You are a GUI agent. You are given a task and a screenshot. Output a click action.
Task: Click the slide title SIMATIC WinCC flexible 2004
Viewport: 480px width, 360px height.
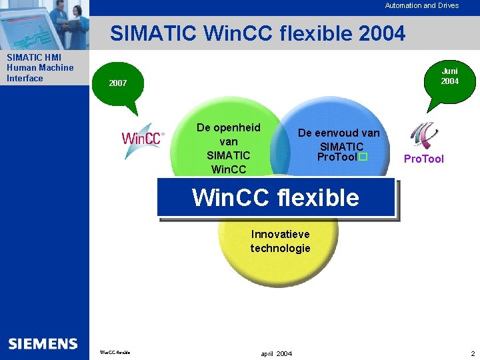[257, 33]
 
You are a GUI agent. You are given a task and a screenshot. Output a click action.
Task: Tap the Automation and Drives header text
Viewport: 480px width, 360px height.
[421, 5]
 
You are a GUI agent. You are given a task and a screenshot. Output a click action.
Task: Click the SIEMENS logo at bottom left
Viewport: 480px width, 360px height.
[43, 344]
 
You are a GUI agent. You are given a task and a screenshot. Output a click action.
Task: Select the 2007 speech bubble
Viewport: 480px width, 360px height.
[118, 83]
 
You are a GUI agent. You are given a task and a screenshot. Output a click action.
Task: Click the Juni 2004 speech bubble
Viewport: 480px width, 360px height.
[449, 76]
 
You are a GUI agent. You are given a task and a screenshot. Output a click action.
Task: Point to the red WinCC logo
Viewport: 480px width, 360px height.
[142, 139]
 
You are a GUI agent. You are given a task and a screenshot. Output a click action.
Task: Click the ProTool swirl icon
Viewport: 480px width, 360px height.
[424, 135]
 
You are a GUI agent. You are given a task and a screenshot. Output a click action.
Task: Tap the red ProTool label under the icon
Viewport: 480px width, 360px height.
[423, 159]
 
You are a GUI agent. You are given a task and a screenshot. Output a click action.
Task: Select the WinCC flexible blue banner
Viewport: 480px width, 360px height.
[275, 198]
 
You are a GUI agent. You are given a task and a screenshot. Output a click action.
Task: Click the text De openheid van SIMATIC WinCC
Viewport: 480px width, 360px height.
[228, 148]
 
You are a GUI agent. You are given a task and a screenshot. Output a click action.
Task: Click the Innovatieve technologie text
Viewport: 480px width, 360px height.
[280, 241]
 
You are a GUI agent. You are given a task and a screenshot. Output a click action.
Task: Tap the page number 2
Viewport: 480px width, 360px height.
[471, 353]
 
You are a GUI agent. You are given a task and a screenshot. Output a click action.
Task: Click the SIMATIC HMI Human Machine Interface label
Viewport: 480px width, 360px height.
[40, 68]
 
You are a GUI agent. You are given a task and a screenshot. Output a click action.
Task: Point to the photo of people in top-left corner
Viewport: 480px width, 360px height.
[44, 24]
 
